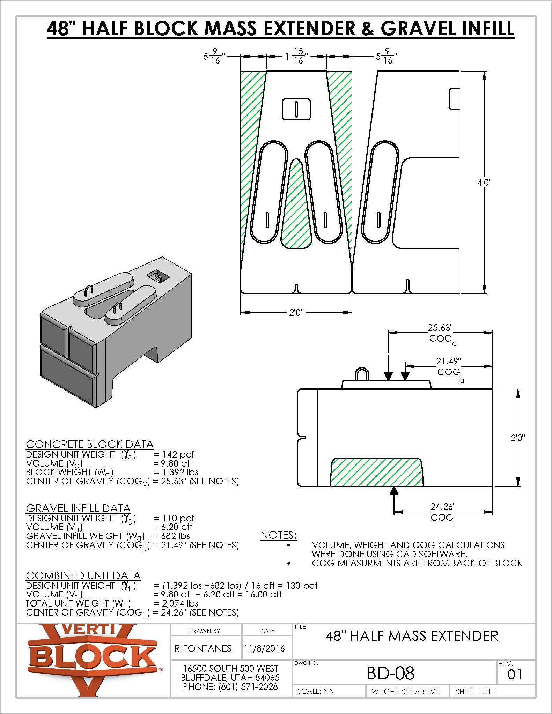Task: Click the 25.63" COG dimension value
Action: tap(440, 328)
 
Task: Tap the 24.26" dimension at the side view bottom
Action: tap(443, 506)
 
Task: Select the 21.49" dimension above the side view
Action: tap(449, 361)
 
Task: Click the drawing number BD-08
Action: tap(391, 673)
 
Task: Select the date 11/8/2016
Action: tap(264, 648)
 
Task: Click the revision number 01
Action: tap(514, 675)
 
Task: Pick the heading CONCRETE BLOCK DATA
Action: tap(90, 444)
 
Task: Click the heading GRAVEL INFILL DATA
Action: tap(78, 508)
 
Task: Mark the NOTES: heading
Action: tap(279, 535)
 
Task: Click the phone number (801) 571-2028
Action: tap(248, 687)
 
